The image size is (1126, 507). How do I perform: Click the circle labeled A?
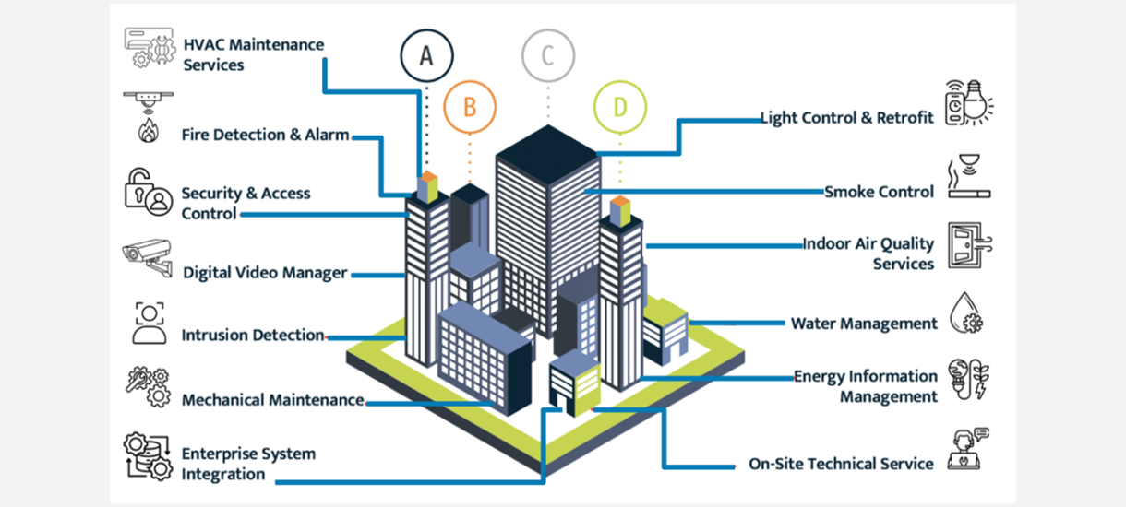pos(426,55)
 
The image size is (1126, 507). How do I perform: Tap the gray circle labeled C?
pos(548,55)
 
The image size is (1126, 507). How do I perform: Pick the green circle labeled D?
pos(619,106)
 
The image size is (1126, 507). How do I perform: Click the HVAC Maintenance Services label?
pos(253,54)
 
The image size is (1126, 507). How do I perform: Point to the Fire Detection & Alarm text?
pos(265,135)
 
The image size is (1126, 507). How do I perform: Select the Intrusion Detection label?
pos(252,336)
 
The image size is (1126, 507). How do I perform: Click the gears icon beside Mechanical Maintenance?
pos(148,387)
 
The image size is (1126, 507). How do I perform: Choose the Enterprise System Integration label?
pos(247,464)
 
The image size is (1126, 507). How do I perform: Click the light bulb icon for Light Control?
pos(968,103)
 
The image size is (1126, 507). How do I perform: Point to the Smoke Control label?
pos(879,192)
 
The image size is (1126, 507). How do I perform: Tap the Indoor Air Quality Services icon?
pos(968,247)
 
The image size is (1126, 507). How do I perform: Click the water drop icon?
pos(966,313)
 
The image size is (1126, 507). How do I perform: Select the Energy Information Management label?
pos(866,386)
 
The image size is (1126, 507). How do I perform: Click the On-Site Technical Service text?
pos(841,464)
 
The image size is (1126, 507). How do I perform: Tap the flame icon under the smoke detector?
pos(148,130)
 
